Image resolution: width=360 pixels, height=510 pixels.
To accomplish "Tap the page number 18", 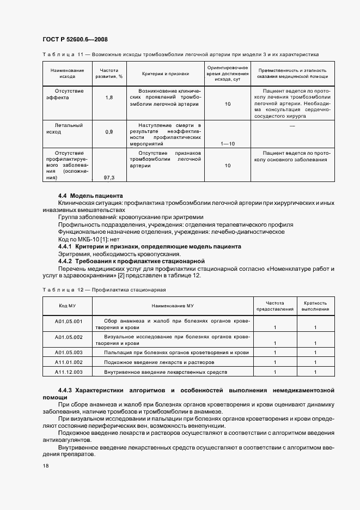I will [x=45, y=466].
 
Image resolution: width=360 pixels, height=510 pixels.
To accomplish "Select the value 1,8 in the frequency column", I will [x=108, y=97].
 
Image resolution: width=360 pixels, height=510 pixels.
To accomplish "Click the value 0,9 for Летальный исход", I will [x=108, y=132].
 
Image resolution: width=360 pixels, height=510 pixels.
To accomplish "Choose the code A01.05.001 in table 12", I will [x=68, y=321].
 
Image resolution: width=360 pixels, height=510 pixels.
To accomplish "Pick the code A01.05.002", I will [x=68, y=337].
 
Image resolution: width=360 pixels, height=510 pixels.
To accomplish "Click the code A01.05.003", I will [x=68, y=353].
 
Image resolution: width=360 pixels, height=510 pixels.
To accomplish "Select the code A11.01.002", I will [x=68, y=362].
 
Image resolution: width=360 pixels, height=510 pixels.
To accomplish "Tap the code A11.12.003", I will [x=68, y=372].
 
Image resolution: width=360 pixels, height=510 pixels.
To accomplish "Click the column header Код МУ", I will [x=68, y=306].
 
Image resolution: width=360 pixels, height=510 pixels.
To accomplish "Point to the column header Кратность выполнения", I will [x=315, y=306].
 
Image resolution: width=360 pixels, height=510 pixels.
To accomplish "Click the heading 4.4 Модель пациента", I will [x=90, y=196].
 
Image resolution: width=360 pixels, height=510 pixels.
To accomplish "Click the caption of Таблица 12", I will [x=103, y=289].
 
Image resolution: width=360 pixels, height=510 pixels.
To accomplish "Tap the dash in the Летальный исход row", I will [x=292, y=126].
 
